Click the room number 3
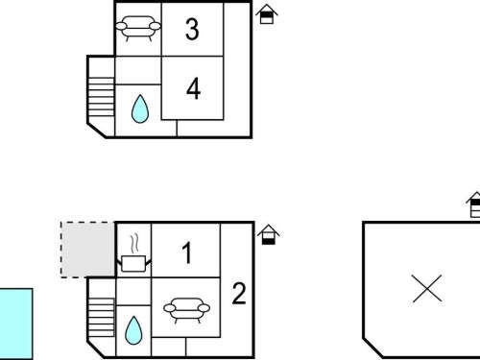tap(192, 30)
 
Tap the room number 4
tap(193, 88)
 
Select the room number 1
tap(187, 252)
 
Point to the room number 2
tap(239, 293)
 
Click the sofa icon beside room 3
tap(138, 28)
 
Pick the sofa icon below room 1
tap(186, 310)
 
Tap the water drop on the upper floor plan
tap(140, 108)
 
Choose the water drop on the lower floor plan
tap(133, 330)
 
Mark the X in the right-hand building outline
tap(427, 288)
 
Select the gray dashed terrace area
tap(88, 250)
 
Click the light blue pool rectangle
tap(16, 324)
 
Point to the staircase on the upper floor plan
tap(101, 97)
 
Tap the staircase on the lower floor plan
tap(101, 317)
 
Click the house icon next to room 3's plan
tap(267, 14)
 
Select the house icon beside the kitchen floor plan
tap(268, 234)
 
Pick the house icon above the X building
tap(473, 204)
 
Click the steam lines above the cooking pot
tap(134, 244)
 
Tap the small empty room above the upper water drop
tap(138, 70)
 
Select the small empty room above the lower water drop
tap(133, 292)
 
